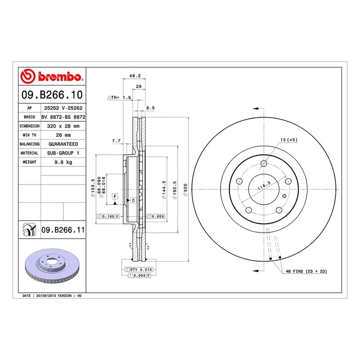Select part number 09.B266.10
52,94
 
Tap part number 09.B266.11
63,230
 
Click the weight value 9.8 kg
63,162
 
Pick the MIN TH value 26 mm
63,135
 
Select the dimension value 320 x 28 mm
63,126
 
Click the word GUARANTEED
63,144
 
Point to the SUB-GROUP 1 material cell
63,153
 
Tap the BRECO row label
29,117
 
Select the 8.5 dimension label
150,108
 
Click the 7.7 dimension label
116,141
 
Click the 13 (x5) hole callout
289,139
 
